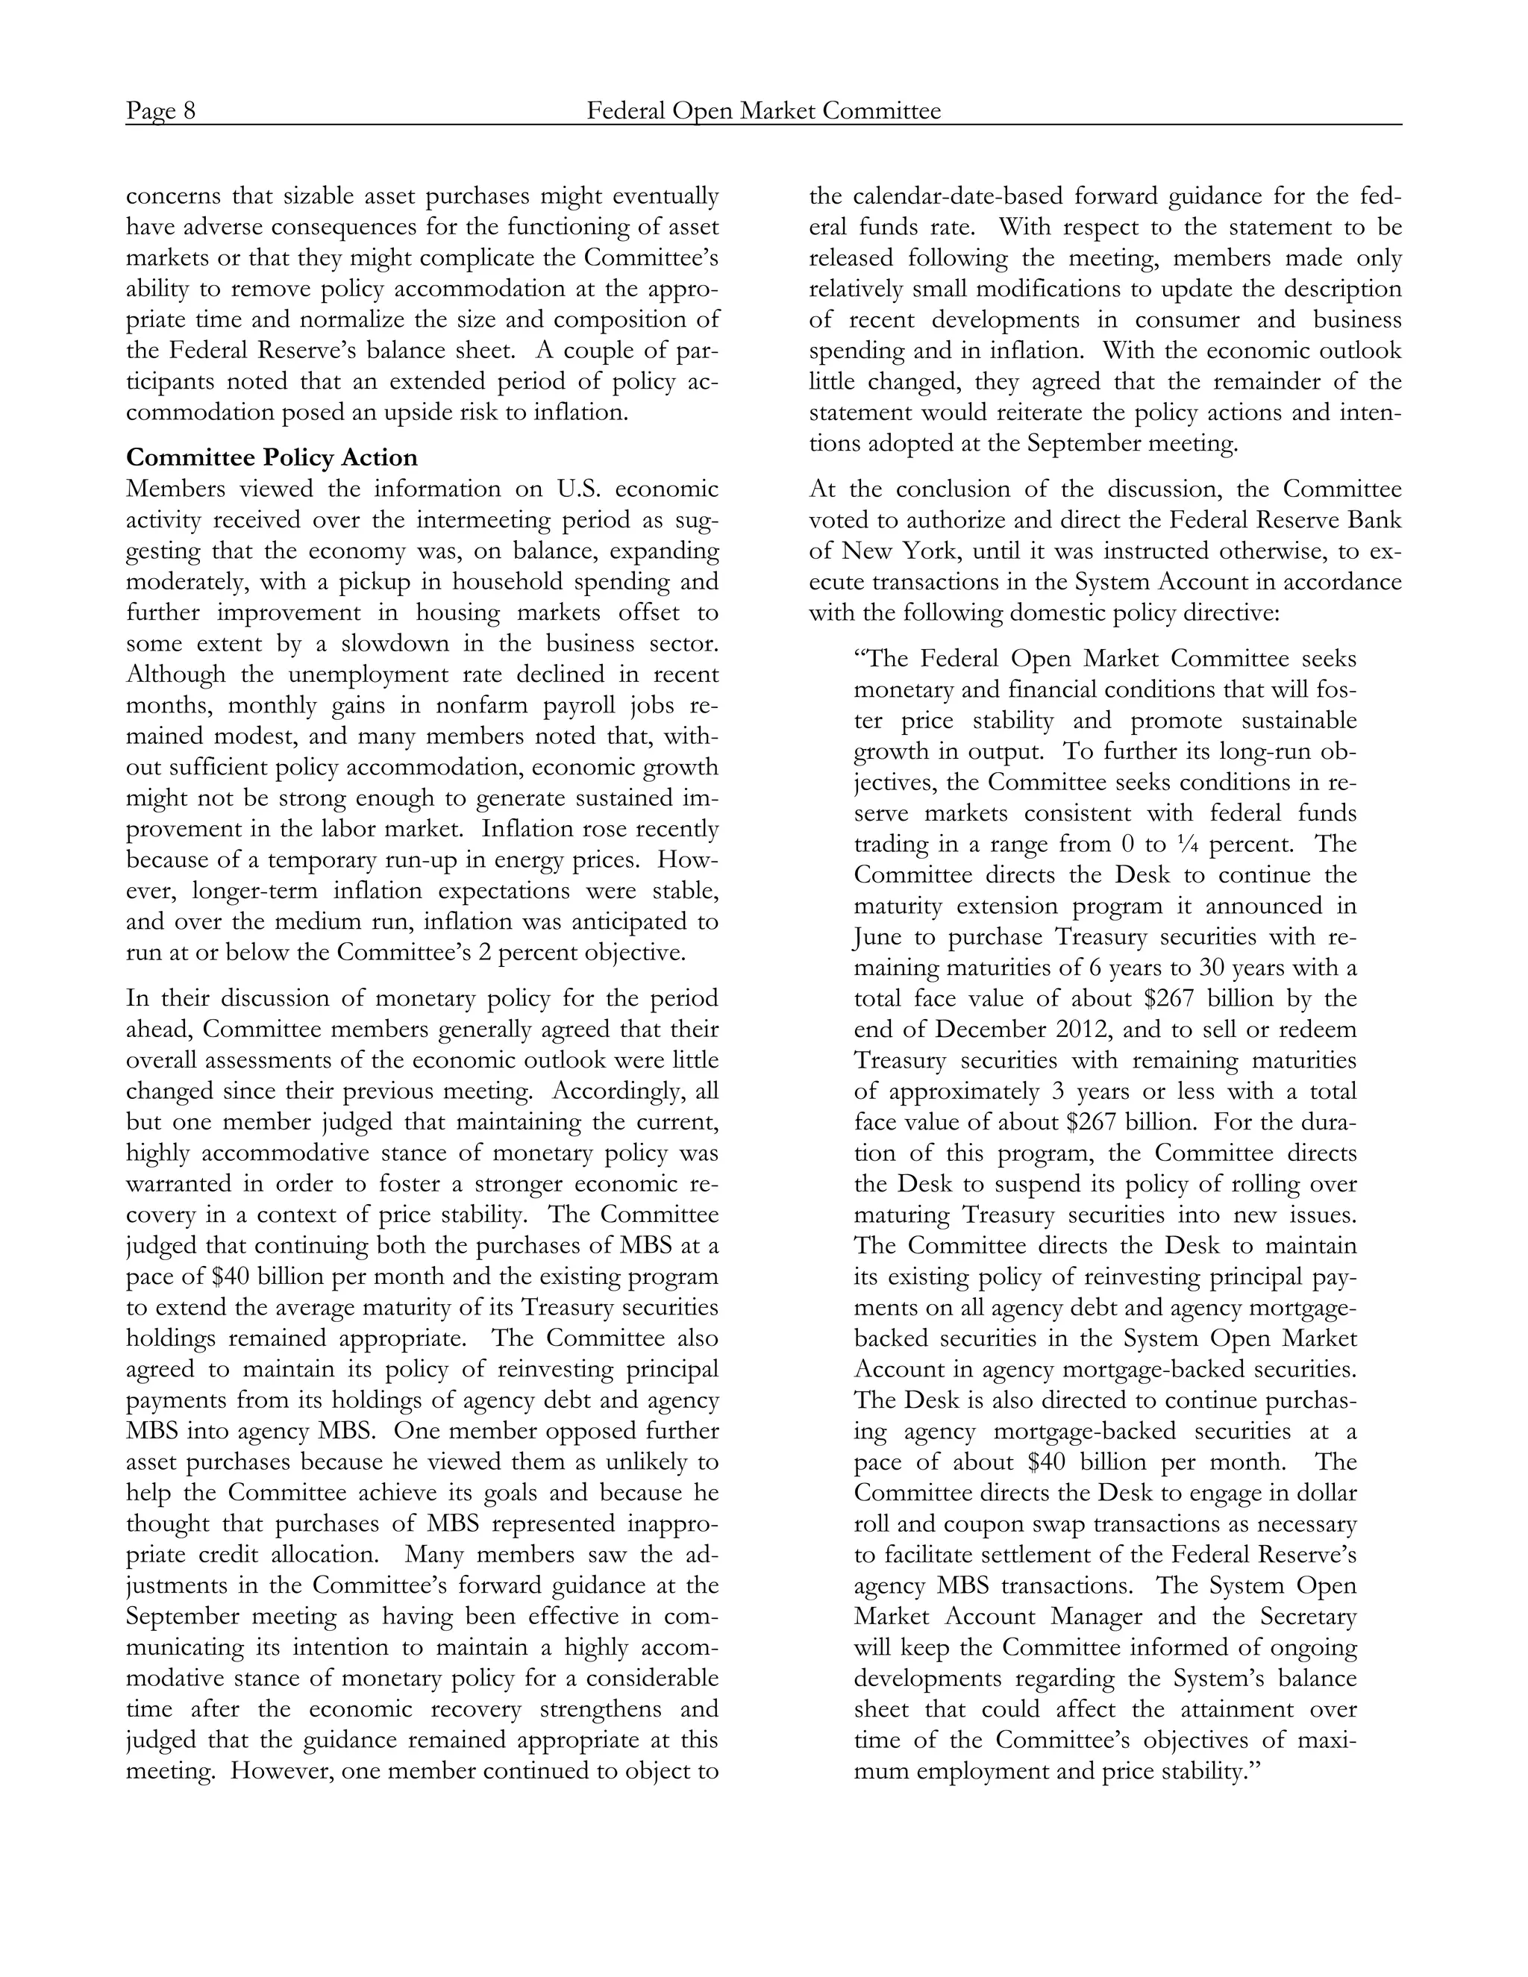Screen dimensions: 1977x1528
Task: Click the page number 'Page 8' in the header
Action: [160, 111]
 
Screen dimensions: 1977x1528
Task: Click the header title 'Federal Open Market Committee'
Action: [763, 111]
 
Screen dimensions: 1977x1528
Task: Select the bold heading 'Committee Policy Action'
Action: [272, 457]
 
